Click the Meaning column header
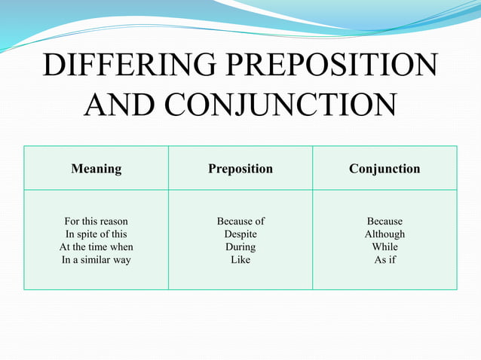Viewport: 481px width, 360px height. tap(96, 169)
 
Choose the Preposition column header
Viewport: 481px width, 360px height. tap(240, 169)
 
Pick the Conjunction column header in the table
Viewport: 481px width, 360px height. tap(384, 169)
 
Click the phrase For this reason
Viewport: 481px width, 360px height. tap(96, 221)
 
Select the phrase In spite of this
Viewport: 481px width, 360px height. tap(96, 234)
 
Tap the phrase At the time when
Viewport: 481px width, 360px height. tap(96, 247)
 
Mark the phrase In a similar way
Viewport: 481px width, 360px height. tap(96, 260)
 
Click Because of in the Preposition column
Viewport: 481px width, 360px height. tap(240, 221)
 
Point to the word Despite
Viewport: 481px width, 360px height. tap(240, 234)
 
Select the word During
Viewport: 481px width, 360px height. tap(240, 247)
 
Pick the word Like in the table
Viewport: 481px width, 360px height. tap(240, 260)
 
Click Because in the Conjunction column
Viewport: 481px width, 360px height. tap(384, 221)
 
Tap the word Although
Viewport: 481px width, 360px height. tap(384, 234)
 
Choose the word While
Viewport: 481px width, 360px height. tap(384, 247)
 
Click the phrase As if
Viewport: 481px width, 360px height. tap(384, 260)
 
